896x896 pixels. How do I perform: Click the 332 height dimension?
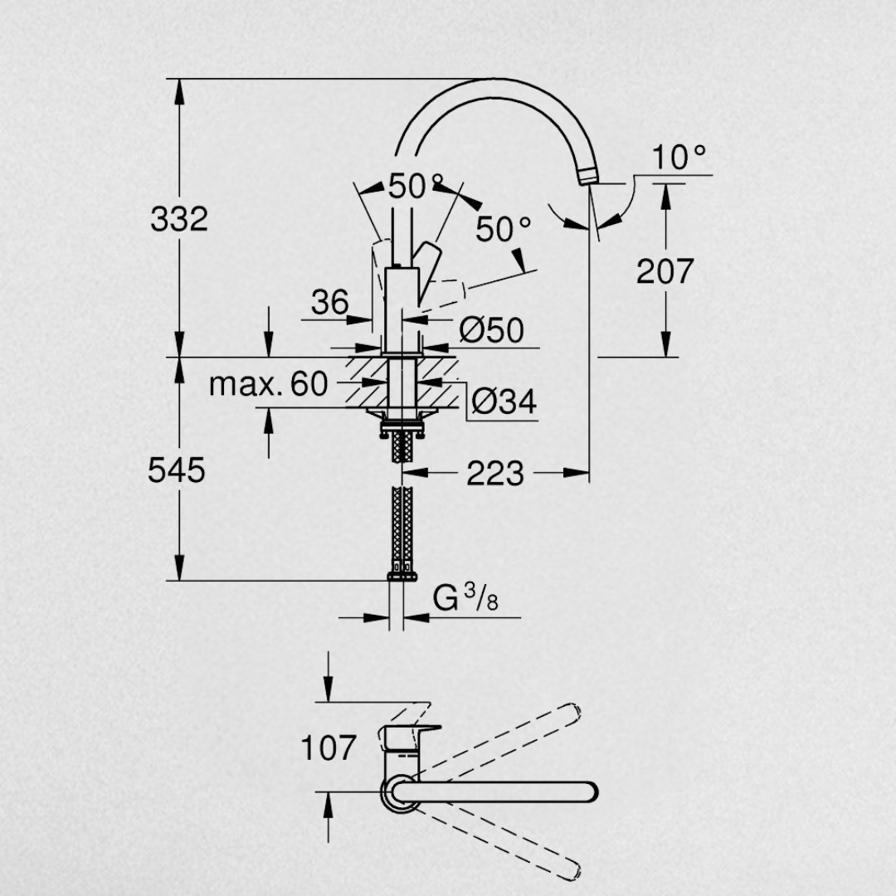(x=179, y=219)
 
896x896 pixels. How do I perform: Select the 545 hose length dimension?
(x=176, y=471)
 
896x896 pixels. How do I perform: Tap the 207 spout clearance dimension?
(x=665, y=270)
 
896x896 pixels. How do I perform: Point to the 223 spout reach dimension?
(x=494, y=473)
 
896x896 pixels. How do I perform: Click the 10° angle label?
(x=679, y=157)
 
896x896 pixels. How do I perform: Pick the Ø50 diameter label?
(x=491, y=329)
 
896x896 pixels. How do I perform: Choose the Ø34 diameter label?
(x=504, y=401)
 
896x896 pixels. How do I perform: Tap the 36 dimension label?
(x=329, y=302)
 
